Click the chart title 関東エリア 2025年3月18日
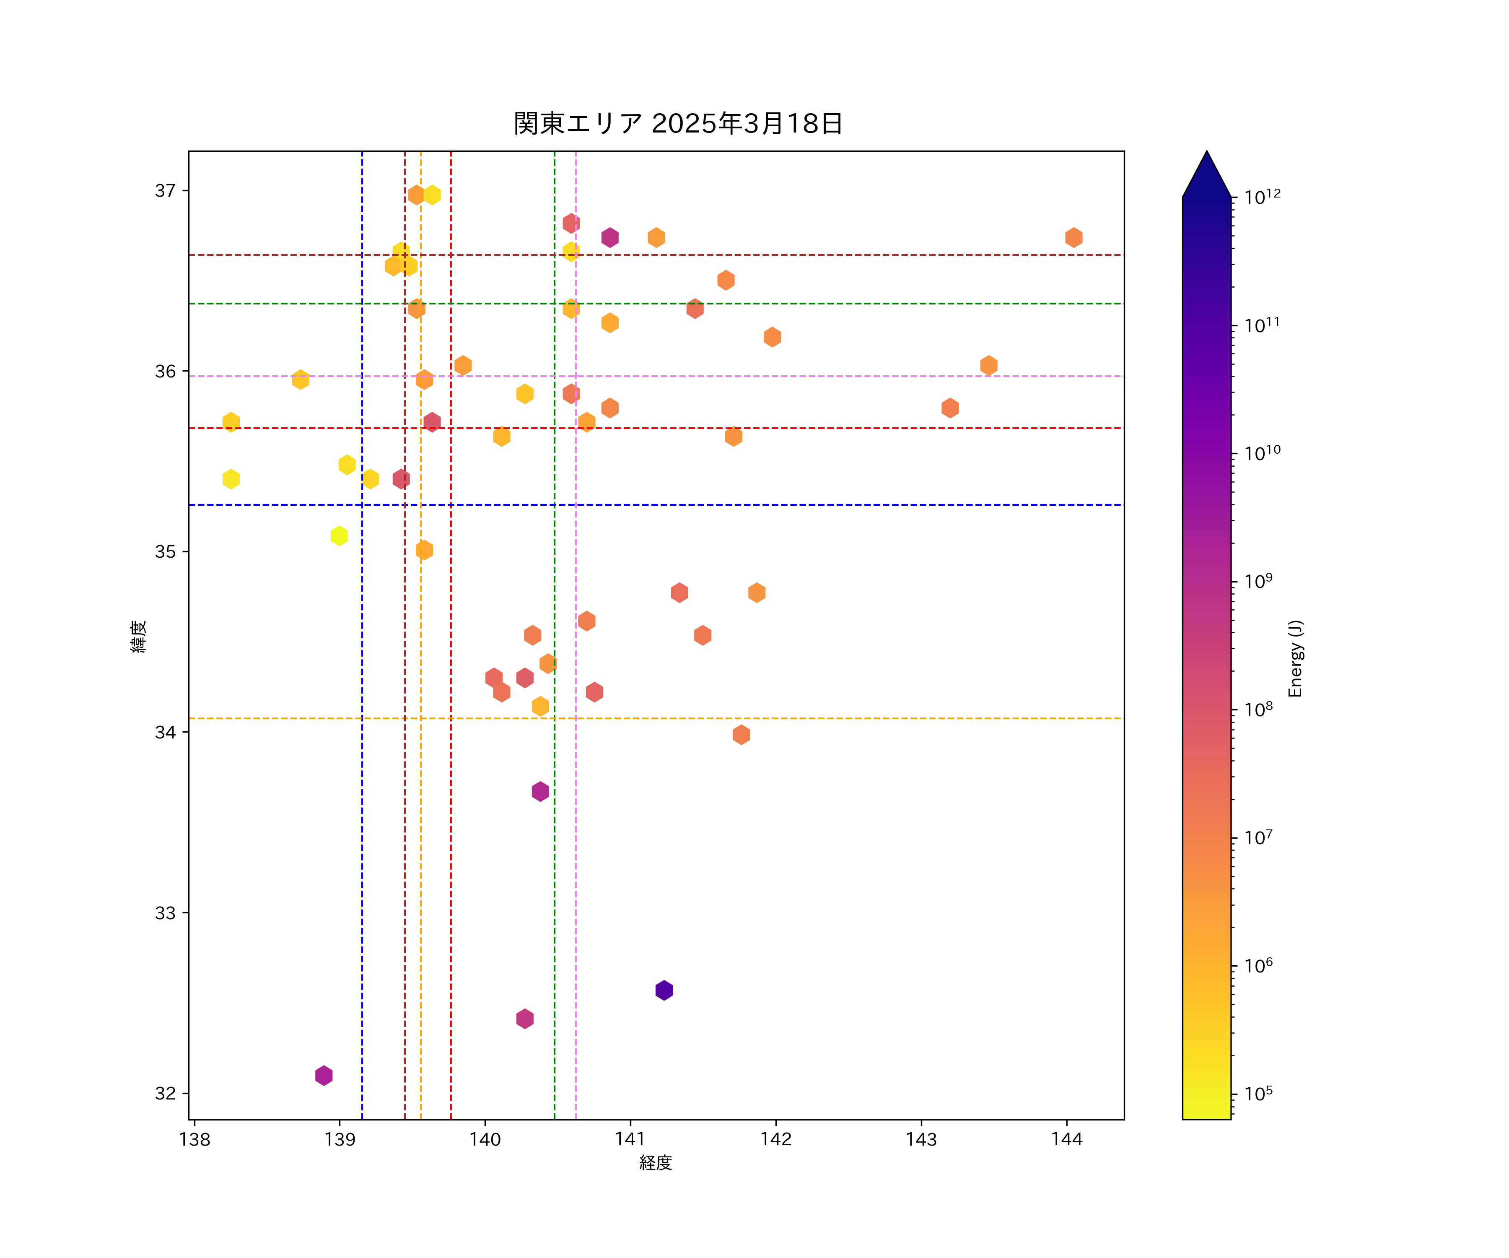(x=678, y=124)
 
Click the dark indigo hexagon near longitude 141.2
(x=664, y=990)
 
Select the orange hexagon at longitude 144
(x=1073, y=237)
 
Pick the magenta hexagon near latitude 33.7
(x=540, y=791)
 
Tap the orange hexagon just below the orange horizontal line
(x=742, y=735)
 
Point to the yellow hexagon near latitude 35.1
(x=339, y=535)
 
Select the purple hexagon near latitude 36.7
(x=610, y=237)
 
